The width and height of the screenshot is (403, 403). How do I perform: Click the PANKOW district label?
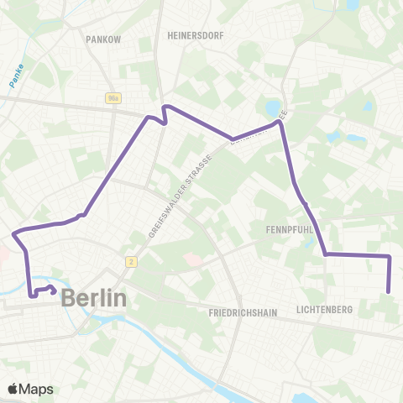click(104, 39)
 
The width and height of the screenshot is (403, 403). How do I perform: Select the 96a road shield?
click(113, 98)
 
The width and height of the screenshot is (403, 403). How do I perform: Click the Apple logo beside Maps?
click(13, 389)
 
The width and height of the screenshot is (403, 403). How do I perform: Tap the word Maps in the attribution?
click(36, 389)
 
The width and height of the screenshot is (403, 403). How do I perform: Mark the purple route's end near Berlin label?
click(55, 292)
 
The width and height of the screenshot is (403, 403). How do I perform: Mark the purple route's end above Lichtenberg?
click(389, 291)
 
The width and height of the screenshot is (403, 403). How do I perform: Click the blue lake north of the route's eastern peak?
click(275, 107)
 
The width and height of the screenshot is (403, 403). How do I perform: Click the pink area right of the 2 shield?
click(193, 260)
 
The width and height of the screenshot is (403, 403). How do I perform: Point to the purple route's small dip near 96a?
click(165, 123)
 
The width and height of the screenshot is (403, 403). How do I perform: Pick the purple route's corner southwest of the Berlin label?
click(31, 295)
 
